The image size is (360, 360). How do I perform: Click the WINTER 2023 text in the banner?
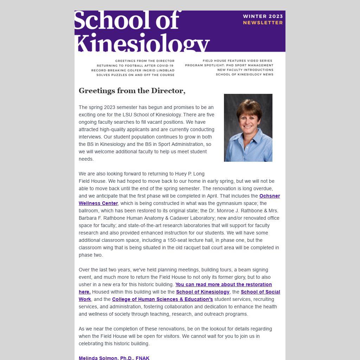(x=263, y=16)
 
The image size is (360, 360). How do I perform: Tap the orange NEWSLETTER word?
(x=263, y=22)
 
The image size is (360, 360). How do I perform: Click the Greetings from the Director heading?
(x=132, y=91)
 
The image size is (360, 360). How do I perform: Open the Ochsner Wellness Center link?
(x=269, y=196)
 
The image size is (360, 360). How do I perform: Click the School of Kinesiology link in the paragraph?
(x=202, y=292)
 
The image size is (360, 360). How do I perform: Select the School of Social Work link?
(x=260, y=292)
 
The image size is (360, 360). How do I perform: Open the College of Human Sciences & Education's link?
(x=162, y=299)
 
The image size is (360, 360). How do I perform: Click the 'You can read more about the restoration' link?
(x=223, y=284)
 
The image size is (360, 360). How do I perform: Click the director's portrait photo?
(x=248, y=128)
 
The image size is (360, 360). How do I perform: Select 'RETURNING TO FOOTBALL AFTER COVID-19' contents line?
(x=135, y=65)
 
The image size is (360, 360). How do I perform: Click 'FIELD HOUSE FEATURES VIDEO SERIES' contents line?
(x=238, y=61)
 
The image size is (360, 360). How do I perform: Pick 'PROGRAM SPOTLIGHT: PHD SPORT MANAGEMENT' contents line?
(x=229, y=65)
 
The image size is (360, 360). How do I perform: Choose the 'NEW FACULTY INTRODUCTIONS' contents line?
(x=245, y=70)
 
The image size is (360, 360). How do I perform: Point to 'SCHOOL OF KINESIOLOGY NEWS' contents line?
(x=244, y=75)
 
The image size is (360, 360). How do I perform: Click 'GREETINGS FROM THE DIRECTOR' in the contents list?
(x=144, y=61)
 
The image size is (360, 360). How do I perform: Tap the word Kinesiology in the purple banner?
(x=142, y=44)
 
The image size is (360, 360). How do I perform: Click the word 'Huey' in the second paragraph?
(x=181, y=174)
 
